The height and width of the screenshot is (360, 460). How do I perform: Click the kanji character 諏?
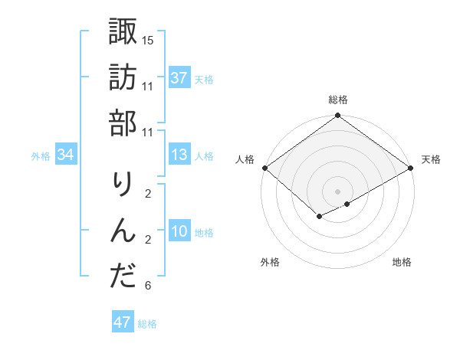pos(123,31)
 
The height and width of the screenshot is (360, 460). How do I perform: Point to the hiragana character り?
pos(123,185)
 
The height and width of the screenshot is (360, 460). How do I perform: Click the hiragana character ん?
pos(123,231)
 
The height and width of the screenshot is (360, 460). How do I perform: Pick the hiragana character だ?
pos(123,277)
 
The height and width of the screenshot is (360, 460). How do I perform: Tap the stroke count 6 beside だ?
pos(148,286)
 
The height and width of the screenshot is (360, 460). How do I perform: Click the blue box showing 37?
pos(179,78)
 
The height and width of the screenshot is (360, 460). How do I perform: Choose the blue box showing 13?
pos(179,155)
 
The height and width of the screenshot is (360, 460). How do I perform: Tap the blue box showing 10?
pos(179,232)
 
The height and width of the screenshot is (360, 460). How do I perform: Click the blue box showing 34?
pos(66,155)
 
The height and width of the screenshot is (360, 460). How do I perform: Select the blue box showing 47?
pos(123,322)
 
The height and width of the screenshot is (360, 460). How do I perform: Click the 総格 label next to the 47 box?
pos(147,324)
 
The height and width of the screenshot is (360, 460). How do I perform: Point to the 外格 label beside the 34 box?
pos(41,156)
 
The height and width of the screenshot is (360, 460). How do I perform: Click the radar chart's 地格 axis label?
pos(402,263)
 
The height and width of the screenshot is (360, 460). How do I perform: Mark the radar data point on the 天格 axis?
pos(412,168)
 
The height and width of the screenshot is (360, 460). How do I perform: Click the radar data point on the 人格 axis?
pos(264,168)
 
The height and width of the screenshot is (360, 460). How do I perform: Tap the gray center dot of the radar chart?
pos(337,191)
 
